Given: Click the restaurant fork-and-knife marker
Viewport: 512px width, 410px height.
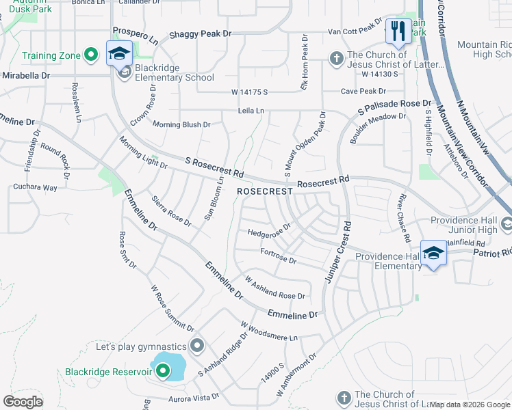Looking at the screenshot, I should tap(396, 31).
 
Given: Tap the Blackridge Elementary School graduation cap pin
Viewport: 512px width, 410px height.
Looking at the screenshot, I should tap(119, 53).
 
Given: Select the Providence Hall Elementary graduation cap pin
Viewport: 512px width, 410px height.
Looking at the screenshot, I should tap(433, 254).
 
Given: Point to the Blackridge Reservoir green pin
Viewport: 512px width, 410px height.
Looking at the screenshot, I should tap(163, 372).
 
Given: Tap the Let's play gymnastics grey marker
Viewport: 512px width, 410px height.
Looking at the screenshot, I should tap(198, 346).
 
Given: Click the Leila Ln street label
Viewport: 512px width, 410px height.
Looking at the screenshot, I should tap(251, 110).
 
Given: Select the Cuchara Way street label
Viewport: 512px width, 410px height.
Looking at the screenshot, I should tap(36, 187).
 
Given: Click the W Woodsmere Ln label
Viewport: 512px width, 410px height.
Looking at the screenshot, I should tap(270, 331).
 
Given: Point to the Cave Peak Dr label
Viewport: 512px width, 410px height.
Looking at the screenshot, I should tap(366, 91).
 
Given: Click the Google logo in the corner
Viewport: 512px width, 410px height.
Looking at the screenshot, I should tap(23, 402).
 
